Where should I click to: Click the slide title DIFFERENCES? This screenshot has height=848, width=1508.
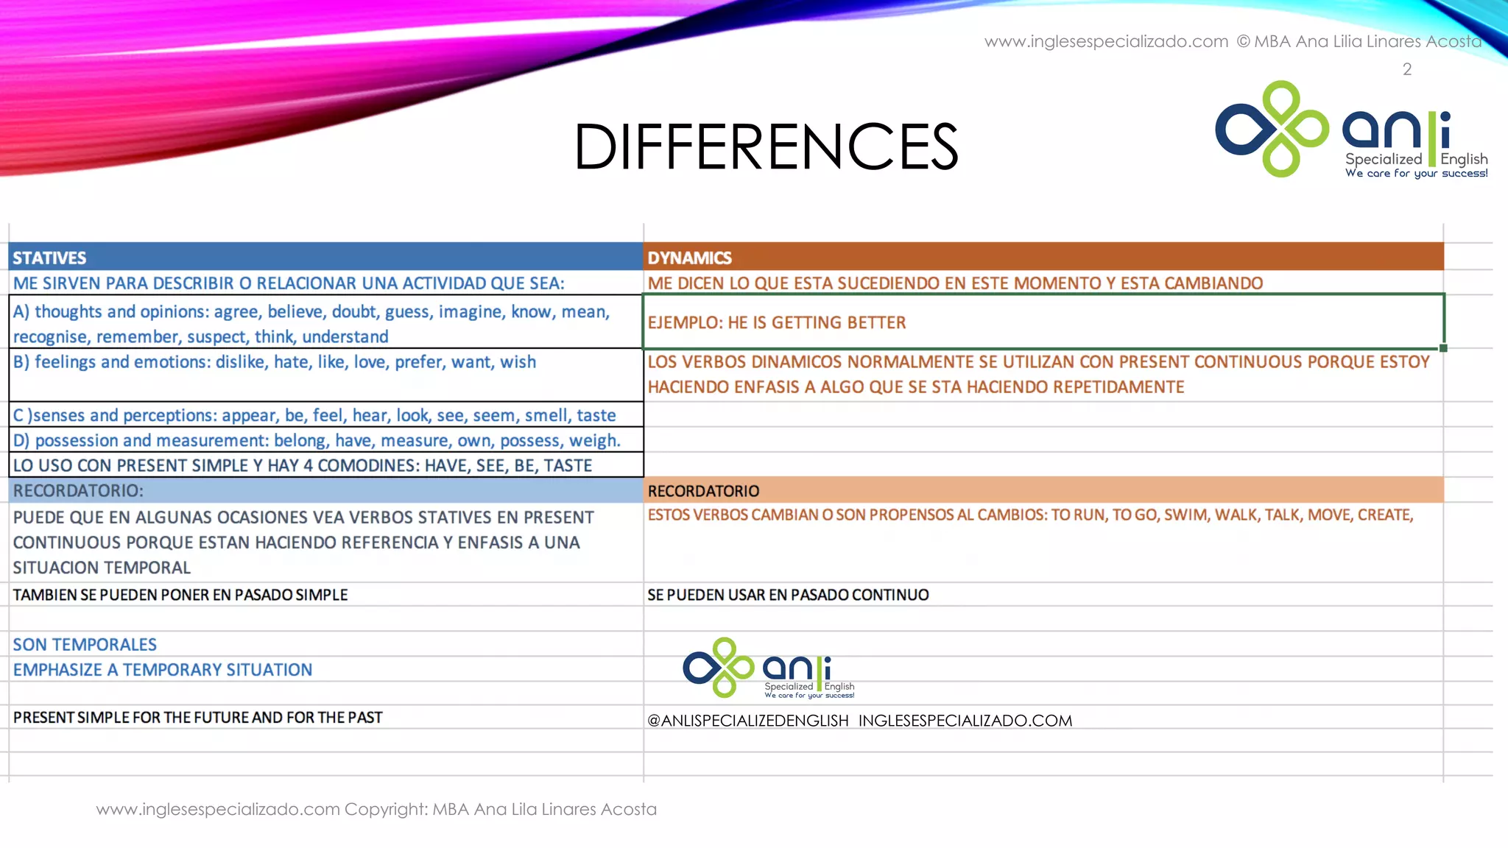point(766,146)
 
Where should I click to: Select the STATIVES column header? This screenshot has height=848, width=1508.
point(49,258)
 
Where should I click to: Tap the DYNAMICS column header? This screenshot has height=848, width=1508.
point(689,258)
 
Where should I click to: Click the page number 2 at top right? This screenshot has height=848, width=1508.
point(1406,69)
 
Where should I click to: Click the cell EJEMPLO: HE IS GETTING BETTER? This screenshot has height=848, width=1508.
point(777,322)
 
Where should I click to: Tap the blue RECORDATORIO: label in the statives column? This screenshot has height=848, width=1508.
point(78,490)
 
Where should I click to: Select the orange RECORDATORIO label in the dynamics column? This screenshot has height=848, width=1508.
point(703,491)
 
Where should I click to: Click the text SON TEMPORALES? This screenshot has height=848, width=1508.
point(85,645)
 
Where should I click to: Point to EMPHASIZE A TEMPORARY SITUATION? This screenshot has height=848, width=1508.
point(163,670)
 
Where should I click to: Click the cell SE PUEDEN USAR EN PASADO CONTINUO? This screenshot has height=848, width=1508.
point(788,595)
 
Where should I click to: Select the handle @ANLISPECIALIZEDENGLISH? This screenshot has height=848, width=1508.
point(747,721)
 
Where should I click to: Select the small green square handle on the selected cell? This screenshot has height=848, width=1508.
point(1443,348)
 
